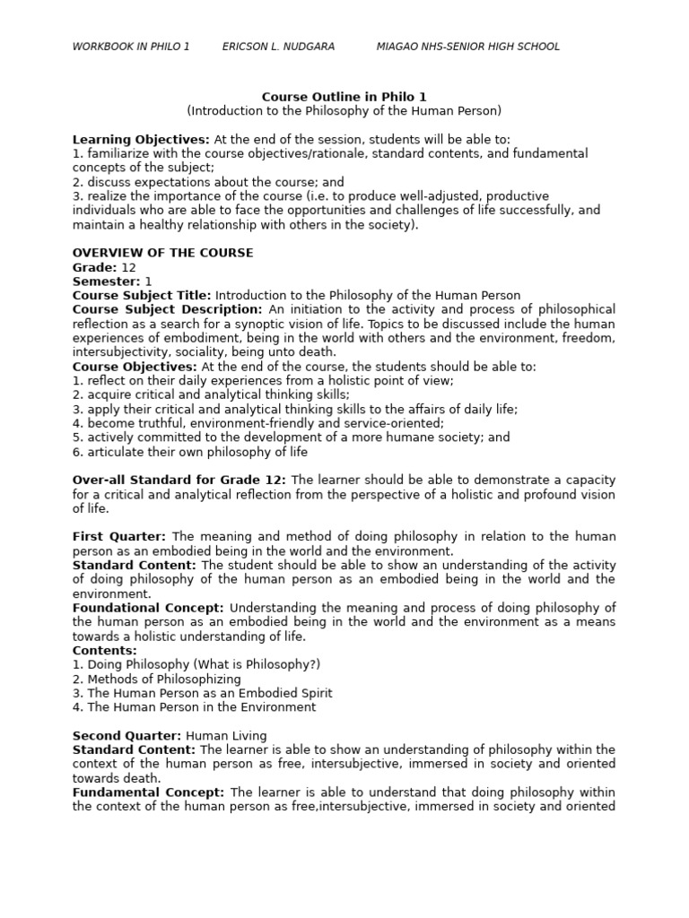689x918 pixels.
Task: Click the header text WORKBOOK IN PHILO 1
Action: point(131,47)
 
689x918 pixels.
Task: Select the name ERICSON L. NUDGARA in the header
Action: point(278,47)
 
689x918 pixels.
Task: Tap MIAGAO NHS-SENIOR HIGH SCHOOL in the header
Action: point(467,47)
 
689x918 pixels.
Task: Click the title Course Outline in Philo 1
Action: point(344,97)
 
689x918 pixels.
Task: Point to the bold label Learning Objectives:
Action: point(141,140)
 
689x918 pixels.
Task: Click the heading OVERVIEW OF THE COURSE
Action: point(162,253)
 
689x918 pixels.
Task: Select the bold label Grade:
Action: point(94,267)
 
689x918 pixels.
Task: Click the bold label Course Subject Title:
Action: point(142,296)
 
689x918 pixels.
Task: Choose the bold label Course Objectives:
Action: point(135,367)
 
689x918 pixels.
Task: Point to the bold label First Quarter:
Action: point(119,537)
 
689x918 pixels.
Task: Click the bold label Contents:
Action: point(105,651)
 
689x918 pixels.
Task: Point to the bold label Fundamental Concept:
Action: point(148,792)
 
